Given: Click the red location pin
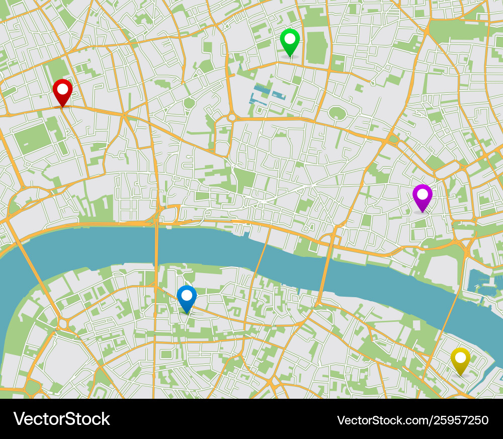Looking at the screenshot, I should pyautogui.click(x=62, y=91).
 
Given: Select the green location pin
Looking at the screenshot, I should pyautogui.click(x=290, y=40).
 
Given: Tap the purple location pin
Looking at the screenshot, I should pyautogui.click(x=422, y=196).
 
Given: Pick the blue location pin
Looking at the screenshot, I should pyautogui.click(x=187, y=297).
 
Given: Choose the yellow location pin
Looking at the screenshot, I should pyautogui.click(x=460, y=359).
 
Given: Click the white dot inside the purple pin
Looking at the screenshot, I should pyautogui.click(x=422, y=193).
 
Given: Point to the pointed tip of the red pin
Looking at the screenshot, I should pyautogui.click(x=62, y=107).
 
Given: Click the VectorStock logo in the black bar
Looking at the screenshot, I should pyautogui.click(x=61, y=419).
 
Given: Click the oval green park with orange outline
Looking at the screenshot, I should pyautogui.click(x=337, y=113).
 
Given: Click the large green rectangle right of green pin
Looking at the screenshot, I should pyautogui.click(x=316, y=48).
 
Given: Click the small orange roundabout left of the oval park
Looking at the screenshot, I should pyautogui.click(x=231, y=117).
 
